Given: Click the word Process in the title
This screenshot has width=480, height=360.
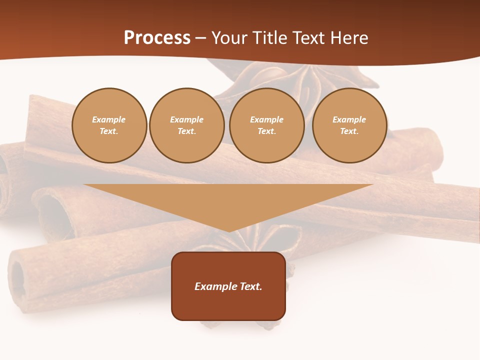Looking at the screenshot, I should point(157,38).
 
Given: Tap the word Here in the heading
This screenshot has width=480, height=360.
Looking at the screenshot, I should point(348,38).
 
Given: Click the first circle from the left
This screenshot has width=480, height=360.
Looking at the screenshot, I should point(109,125).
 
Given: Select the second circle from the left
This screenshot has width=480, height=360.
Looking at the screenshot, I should point(187,125).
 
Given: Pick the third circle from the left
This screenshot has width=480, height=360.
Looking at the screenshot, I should point(267,125).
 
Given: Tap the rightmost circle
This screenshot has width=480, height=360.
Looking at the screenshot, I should point(349,125).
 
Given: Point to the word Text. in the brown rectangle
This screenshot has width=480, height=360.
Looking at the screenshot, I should point(251,286).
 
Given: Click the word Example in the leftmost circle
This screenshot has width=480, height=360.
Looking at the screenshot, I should point(109,119).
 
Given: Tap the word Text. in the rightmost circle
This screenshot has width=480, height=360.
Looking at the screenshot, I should point(349,131).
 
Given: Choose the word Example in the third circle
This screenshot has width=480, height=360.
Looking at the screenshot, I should point(267,119).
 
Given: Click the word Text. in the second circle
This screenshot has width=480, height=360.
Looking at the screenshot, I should point(187,131).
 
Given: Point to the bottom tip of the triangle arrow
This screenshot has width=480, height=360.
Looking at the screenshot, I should point(229,230).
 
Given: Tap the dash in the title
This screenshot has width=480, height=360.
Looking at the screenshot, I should point(200,38).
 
